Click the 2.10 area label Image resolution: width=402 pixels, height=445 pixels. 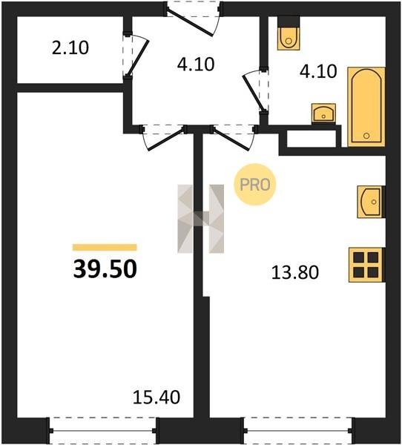70,47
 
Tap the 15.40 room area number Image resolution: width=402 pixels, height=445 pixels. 156,397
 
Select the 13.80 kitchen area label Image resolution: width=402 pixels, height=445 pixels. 295,272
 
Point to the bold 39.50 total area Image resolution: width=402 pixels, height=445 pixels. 105,269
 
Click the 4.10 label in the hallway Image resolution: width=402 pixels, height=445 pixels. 196,64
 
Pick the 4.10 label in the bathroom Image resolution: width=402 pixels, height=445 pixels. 318,71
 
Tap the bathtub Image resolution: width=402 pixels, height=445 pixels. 366,107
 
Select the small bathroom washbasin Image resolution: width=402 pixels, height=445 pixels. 323,113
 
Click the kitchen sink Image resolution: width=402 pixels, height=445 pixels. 371,202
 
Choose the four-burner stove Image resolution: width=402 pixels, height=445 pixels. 366,265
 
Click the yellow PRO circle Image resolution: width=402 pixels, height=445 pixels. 254,185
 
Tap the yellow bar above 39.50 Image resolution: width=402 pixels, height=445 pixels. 105,248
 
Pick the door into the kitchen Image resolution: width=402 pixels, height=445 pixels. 234,138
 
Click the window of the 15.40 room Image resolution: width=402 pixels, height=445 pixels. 103,430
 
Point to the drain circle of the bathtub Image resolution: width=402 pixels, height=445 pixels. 366,136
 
